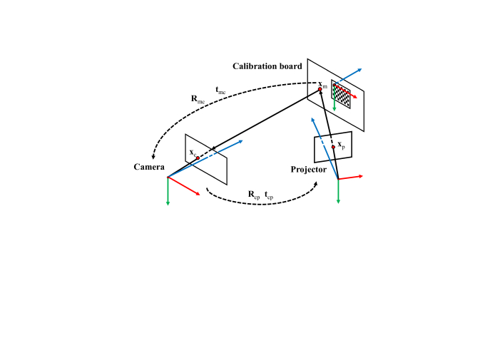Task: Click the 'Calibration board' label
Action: pos(267,66)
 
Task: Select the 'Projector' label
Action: pos(308,169)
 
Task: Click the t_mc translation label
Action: pos(221,90)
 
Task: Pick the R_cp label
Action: pos(253,194)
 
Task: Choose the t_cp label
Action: pos(268,194)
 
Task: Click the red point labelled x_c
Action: pos(198,158)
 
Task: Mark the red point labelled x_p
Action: pos(333,147)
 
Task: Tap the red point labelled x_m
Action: pos(320,90)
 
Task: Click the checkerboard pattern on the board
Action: pos(342,94)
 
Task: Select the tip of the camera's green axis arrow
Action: pos(168,205)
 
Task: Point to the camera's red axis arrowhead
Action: pos(199,194)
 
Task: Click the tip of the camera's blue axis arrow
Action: pos(242,142)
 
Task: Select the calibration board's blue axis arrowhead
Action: pos(361,69)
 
